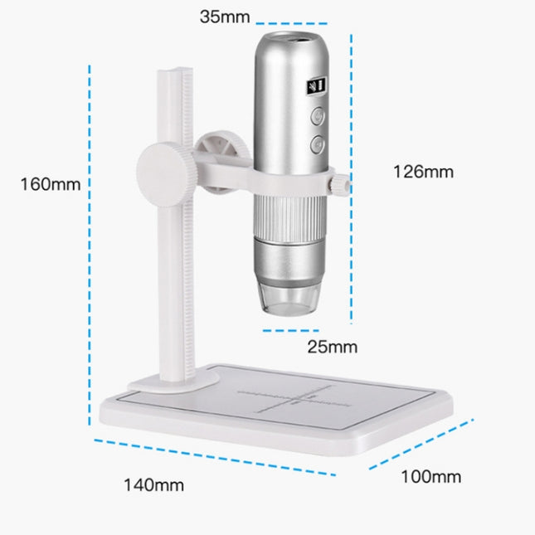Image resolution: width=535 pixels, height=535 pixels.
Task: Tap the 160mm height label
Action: click(x=51, y=184)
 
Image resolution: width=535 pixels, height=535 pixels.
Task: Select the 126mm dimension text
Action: click(x=423, y=172)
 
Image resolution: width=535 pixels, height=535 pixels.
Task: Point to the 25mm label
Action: click(x=333, y=346)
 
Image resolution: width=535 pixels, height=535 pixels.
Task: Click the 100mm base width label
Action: click(x=431, y=477)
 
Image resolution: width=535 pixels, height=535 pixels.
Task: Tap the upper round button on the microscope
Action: click(x=318, y=118)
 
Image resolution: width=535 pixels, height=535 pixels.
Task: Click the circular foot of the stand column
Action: click(x=174, y=380)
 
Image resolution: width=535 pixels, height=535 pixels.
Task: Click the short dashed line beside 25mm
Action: click(x=280, y=329)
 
